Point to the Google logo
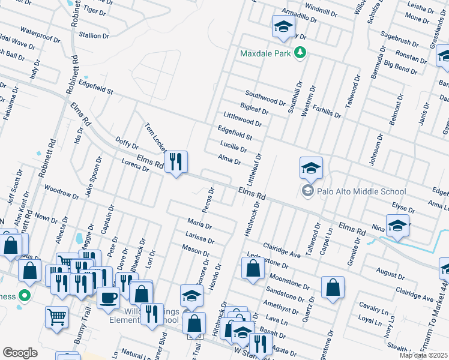[20, 353]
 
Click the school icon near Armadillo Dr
[283, 27]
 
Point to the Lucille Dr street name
[234, 147]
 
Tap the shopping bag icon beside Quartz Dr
[333, 287]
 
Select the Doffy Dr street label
[127, 144]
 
